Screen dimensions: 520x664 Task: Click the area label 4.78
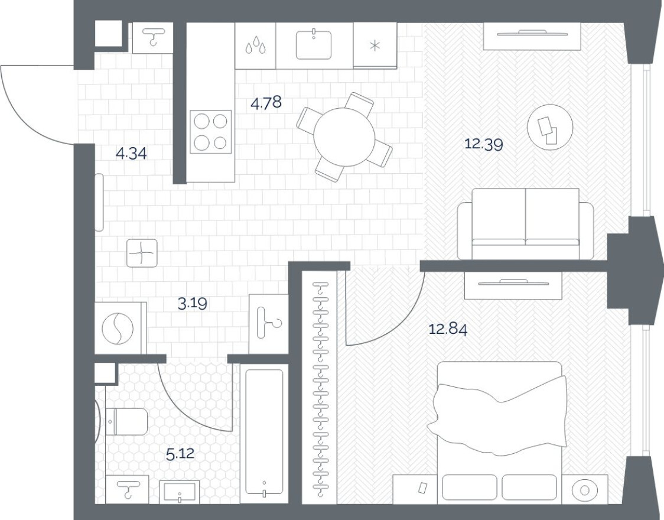[266, 103]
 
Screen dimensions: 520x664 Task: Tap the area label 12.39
[483, 144]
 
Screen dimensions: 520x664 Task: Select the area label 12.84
[448, 329]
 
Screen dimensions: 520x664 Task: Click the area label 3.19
[193, 304]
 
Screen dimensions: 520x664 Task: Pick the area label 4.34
[131, 154]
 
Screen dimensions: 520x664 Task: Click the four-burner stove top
[210, 132]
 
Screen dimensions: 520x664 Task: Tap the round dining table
[344, 136]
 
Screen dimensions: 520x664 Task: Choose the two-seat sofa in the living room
[526, 223]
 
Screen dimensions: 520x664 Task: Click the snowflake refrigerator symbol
[374, 46]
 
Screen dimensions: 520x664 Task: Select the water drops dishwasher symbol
[255, 46]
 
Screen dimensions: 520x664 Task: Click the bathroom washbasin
[180, 491]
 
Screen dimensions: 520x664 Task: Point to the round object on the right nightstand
[585, 490]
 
